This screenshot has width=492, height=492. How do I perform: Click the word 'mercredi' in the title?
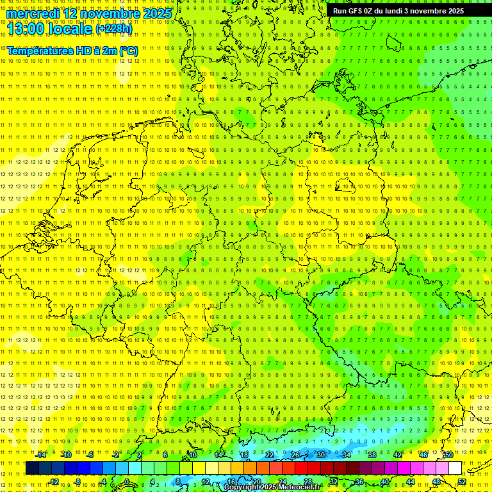(x=33, y=13)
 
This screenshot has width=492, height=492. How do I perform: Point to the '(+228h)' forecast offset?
(x=113, y=29)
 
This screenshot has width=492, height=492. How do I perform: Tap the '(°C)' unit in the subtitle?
(x=127, y=50)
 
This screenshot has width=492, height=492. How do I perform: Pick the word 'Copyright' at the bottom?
(x=242, y=488)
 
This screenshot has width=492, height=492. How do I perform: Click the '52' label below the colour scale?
(x=462, y=482)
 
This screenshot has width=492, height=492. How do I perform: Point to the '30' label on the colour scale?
(x=321, y=455)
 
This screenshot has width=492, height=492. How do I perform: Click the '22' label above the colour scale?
(x=270, y=455)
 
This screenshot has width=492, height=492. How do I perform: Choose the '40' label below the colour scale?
(x=385, y=482)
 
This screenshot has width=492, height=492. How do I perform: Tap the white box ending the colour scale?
(x=455, y=468)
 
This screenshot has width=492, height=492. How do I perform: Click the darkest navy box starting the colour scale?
(x=32, y=468)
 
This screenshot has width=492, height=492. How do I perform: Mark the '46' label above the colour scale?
(x=423, y=455)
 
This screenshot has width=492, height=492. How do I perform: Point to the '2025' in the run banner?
(x=455, y=11)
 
